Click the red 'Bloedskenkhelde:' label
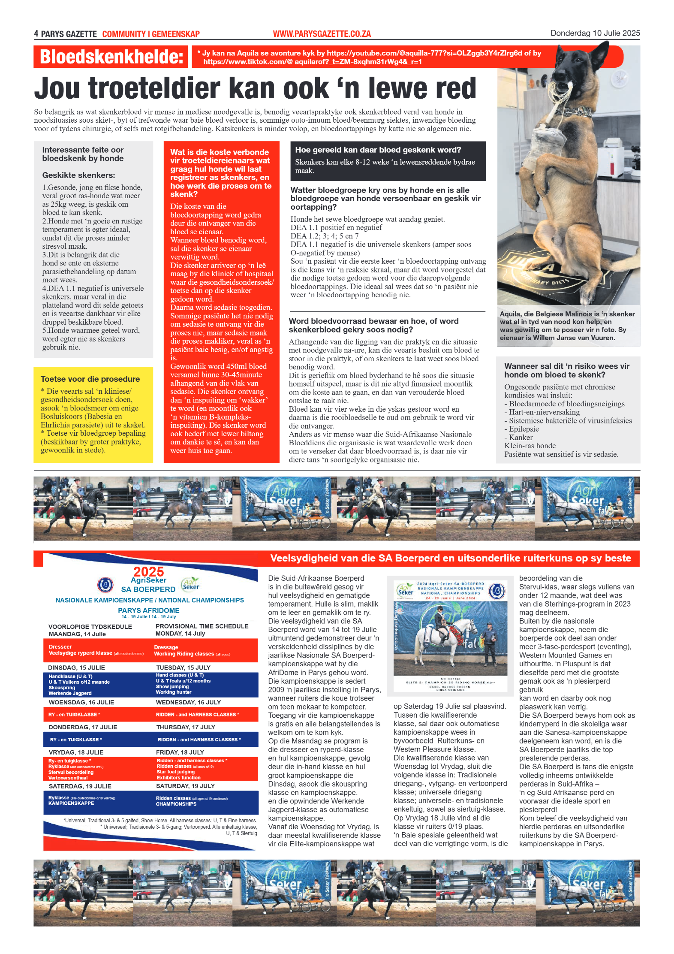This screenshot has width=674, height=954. click(111, 57)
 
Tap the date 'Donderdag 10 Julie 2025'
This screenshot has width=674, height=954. click(595, 33)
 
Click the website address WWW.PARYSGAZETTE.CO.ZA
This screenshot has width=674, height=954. click(322, 34)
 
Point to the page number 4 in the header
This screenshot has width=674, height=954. click(36, 34)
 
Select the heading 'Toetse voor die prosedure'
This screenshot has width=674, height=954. click(90, 379)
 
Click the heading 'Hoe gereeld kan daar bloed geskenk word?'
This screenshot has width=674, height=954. click(378, 150)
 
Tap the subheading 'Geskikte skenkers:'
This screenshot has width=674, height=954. click(78, 175)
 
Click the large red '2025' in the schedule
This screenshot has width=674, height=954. click(148, 572)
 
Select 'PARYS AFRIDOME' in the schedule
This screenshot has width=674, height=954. click(148, 610)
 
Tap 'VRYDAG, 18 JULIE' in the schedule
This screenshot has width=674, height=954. click(76, 752)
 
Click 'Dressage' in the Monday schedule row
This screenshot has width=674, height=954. click(166, 647)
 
